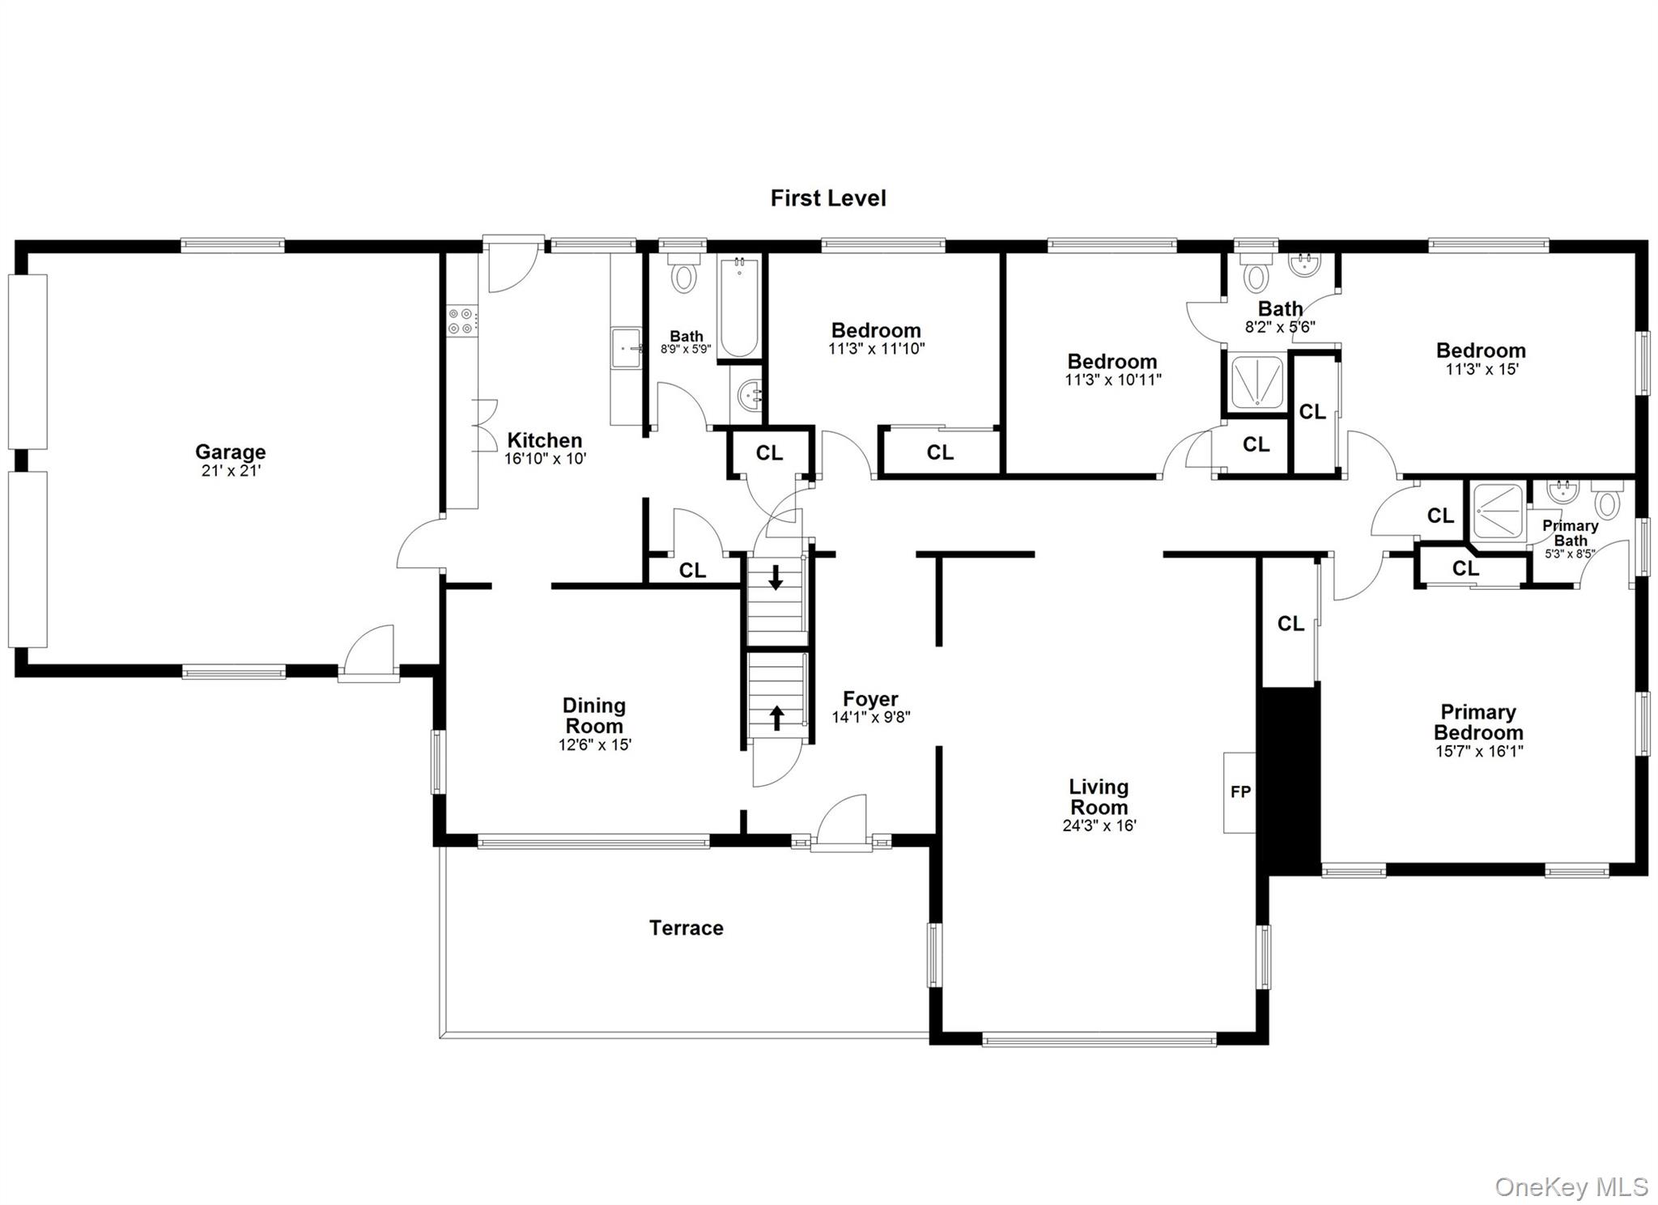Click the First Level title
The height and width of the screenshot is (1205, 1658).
(827, 198)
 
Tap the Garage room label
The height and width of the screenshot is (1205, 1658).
(230, 452)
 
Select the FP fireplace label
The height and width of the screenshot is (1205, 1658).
(1240, 792)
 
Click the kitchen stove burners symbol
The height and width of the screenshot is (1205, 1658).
(462, 320)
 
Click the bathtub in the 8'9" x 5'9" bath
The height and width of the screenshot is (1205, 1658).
(738, 308)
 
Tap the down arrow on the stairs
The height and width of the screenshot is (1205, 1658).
(776, 578)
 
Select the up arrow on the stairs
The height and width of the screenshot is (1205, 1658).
(776, 717)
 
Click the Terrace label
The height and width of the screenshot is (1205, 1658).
(686, 928)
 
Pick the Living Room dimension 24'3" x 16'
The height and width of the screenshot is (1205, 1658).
(1099, 826)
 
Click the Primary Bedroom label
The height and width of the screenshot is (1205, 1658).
(1478, 722)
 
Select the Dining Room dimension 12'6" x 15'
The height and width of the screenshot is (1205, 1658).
(594, 745)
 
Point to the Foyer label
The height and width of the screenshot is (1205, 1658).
(870, 698)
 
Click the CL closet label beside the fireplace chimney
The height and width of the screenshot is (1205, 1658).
(1290, 624)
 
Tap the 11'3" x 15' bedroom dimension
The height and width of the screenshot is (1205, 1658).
(1482, 370)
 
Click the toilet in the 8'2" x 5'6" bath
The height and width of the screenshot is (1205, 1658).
(1256, 274)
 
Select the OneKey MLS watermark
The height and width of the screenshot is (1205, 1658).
(1571, 1187)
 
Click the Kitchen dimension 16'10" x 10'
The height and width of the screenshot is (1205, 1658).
(545, 459)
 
